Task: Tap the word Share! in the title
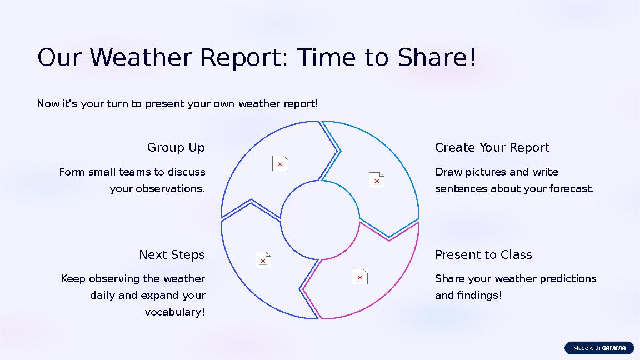click(x=437, y=58)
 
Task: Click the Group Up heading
click(x=176, y=148)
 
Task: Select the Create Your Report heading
click(x=492, y=148)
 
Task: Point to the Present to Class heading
click(x=483, y=255)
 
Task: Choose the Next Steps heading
click(x=172, y=255)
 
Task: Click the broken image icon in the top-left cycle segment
click(x=279, y=163)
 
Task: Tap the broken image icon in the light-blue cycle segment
click(x=376, y=180)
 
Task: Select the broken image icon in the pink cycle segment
click(x=359, y=277)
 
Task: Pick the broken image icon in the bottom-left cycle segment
click(x=263, y=260)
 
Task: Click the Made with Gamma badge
click(x=599, y=348)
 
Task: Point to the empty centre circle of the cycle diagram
click(x=319, y=220)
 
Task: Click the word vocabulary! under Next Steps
click(x=174, y=312)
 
